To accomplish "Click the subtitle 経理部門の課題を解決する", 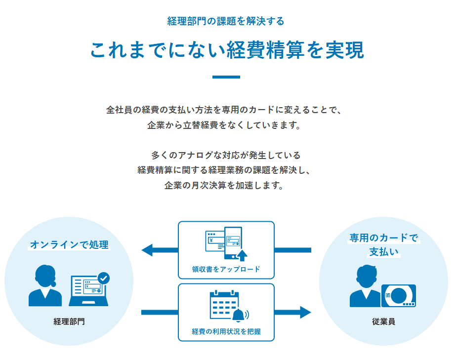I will (226, 21).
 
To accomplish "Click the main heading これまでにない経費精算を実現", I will (227, 50).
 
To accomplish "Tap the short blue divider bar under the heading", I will (226, 77).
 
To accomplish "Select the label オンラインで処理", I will (69, 244).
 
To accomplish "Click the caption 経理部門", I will (69, 321).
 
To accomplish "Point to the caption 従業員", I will (383, 321).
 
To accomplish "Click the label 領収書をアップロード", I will (226, 269).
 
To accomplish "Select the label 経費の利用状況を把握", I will (226, 332).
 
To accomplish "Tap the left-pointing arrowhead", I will (148, 250).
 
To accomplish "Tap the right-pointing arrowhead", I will (304, 312).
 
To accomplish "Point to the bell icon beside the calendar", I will (239, 315).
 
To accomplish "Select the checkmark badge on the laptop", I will (104, 278).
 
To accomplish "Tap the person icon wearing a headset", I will (45, 286).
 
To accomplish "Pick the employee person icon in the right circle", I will (366, 287).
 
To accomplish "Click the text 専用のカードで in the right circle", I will (383, 238).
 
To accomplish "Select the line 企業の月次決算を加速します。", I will (226, 187).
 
